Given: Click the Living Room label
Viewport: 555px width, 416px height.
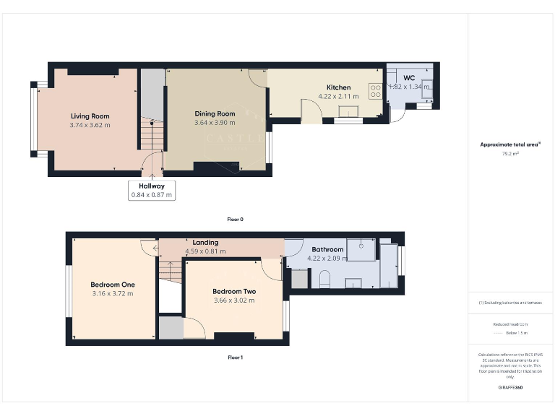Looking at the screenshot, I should pos(90,116).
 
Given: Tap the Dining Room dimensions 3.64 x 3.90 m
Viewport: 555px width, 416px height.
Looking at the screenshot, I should pos(215,123).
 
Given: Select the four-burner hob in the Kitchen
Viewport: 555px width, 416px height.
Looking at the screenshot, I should pos(376,90).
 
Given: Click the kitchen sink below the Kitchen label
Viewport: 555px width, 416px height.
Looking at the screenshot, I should pos(352,110).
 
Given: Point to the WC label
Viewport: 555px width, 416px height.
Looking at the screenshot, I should pos(408,77).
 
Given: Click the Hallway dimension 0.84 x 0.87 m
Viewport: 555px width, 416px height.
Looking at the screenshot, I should pos(152,195).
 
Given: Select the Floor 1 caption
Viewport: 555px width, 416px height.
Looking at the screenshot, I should pos(236,357).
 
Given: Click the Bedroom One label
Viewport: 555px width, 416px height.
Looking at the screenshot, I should pos(112,284).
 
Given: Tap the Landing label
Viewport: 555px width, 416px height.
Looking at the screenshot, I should pos(206,243).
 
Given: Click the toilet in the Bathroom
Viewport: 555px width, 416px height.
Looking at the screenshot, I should pos(324,278).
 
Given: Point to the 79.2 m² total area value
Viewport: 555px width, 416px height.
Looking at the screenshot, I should pos(510,153).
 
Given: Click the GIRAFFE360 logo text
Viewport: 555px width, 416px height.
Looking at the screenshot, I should pos(510,389).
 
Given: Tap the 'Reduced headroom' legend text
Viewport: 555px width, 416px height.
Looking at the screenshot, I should pos(510,324).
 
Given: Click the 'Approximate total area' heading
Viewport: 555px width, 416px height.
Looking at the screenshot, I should pos(510,144).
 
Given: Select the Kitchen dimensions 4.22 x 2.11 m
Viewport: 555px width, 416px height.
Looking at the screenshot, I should pos(337,96).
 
